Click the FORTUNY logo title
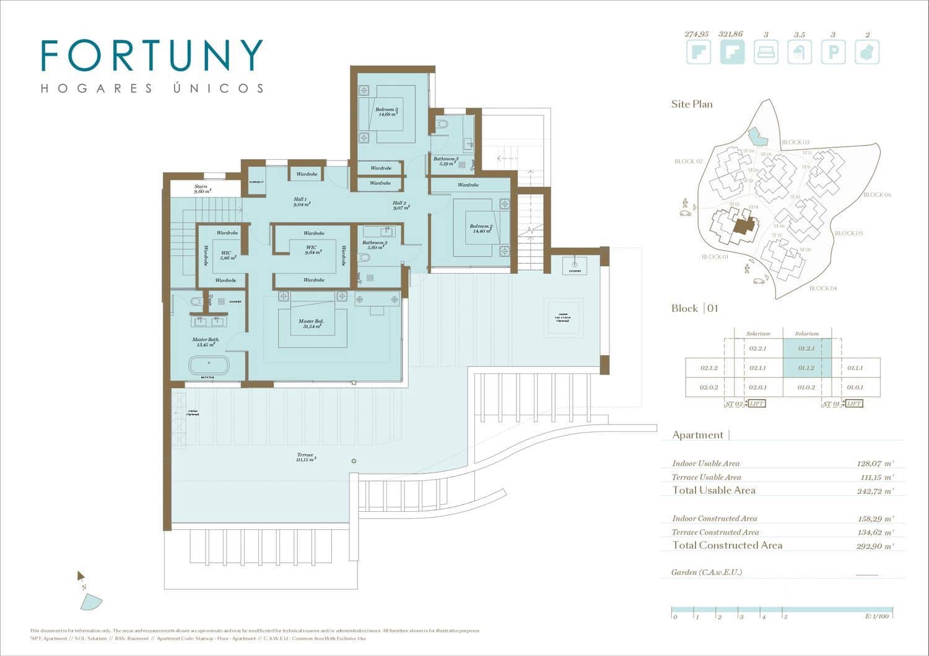[152, 56]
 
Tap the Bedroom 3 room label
[386, 112]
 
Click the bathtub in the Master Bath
[209, 363]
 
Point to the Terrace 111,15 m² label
[306, 457]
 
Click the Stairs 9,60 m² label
[202, 189]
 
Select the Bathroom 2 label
[375, 245]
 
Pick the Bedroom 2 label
[481, 228]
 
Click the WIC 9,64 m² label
[313, 250]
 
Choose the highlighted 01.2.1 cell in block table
[806, 348]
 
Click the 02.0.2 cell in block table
[709, 387]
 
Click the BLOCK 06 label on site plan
[877, 195]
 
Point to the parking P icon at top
[833, 53]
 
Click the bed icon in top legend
[766, 53]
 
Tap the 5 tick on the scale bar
[785, 616]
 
